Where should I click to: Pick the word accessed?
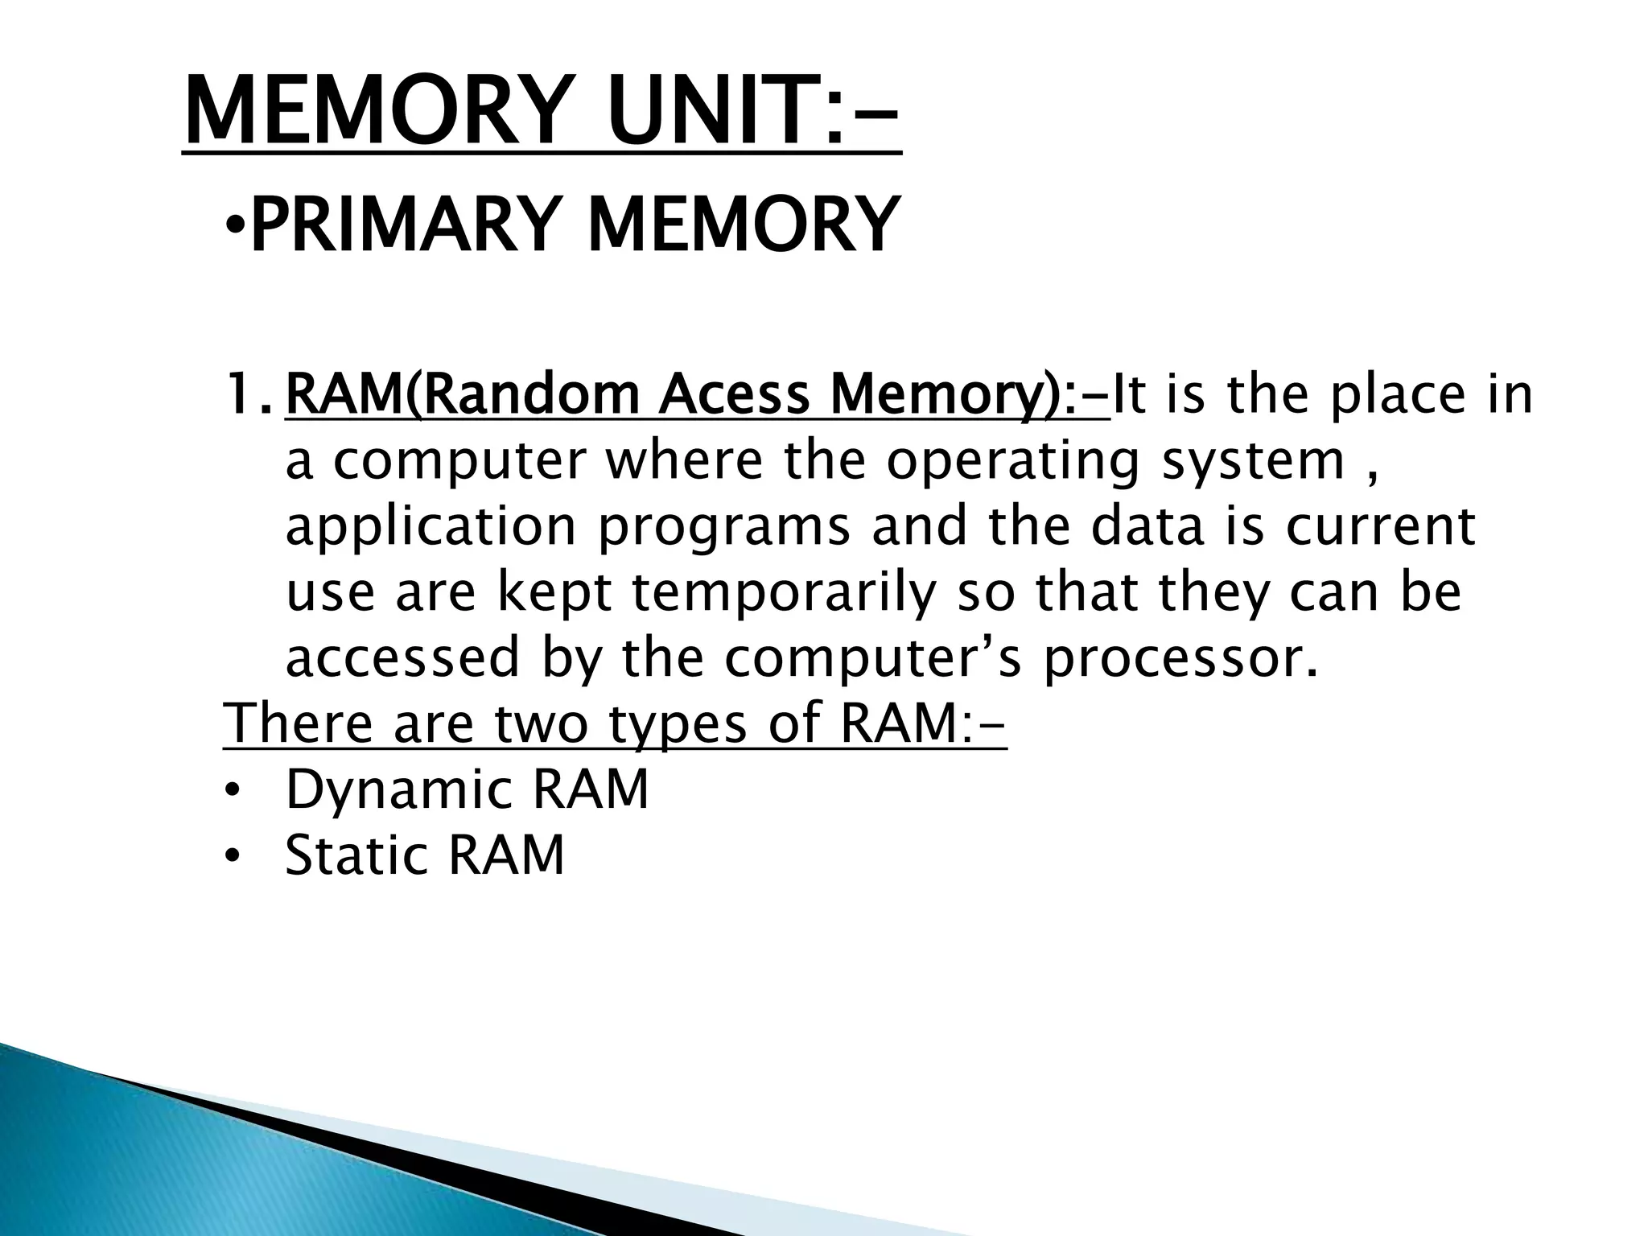point(403,657)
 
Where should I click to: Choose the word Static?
point(357,855)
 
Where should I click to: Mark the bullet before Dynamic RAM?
point(233,792)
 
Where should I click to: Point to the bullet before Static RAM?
point(233,857)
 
